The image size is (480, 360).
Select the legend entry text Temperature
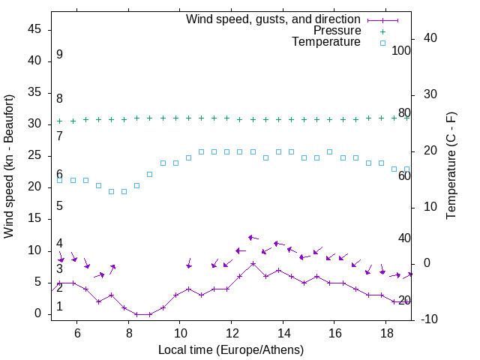[x=326, y=42]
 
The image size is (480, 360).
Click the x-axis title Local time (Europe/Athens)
[x=231, y=349]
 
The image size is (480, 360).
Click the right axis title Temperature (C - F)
[x=451, y=166]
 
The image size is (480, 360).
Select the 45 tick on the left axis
[x=34, y=29]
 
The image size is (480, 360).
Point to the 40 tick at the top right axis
[x=430, y=38]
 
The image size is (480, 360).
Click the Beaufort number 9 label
[x=59, y=55]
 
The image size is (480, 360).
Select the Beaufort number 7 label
[x=59, y=136]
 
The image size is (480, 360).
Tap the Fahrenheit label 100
[x=401, y=51]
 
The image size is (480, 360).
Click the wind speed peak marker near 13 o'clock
[x=253, y=263]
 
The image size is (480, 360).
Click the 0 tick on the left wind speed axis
[x=37, y=313]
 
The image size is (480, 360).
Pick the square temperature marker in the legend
[x=382, y=43]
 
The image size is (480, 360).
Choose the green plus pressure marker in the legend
[x=382, y=31]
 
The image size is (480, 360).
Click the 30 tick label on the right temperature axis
[x=430, y=94]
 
